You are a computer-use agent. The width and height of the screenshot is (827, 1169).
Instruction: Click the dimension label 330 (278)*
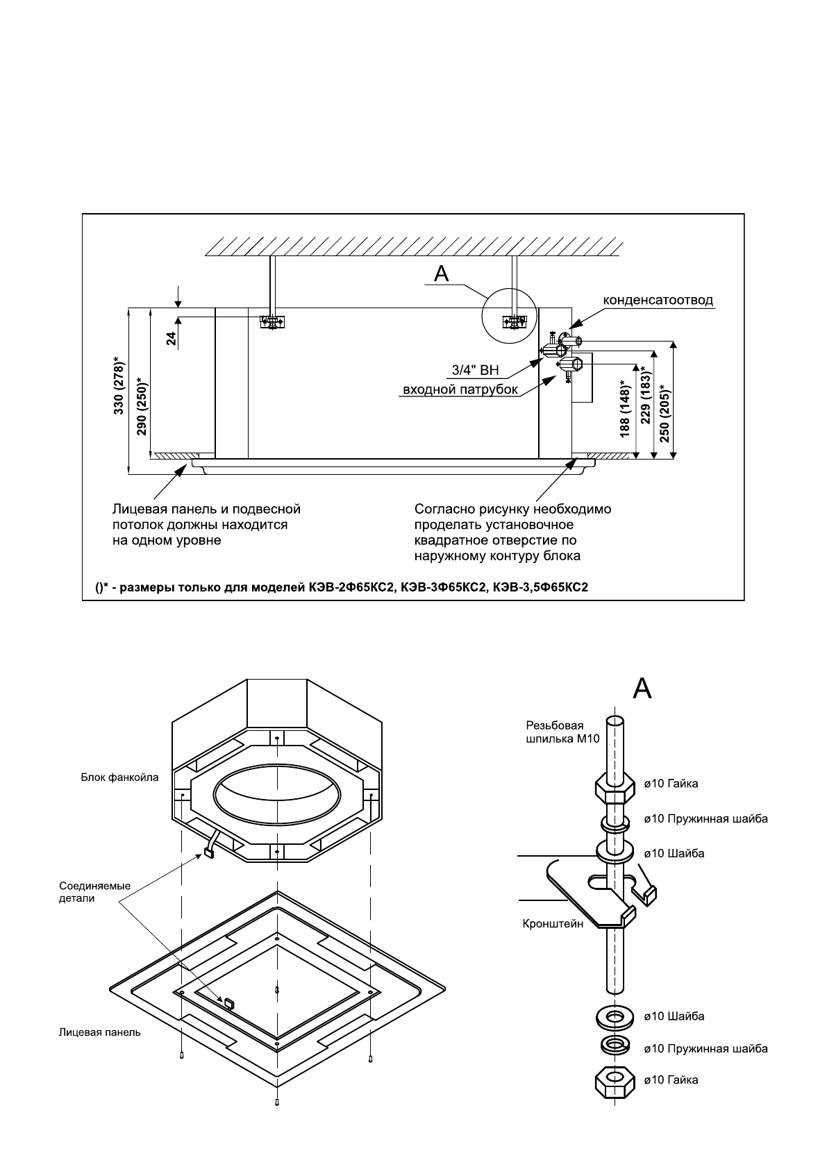point(119,386)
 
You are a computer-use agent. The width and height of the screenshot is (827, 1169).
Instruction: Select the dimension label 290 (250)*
point(142,405)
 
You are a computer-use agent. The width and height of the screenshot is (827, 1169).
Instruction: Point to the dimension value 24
point(172,339)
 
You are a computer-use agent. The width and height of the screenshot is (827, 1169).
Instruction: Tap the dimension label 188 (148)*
point(625,409)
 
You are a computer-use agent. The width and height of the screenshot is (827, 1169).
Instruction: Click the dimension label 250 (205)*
point(664,414)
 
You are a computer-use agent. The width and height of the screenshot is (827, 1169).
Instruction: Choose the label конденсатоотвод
point(658,300)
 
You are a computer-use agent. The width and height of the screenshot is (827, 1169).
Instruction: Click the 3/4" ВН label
point(475,370)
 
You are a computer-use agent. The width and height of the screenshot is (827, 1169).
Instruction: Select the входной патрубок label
point(460,389)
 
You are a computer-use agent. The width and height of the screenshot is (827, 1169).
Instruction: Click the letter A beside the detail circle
point(442,274)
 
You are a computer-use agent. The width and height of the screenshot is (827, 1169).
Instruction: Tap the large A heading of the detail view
point(642,689)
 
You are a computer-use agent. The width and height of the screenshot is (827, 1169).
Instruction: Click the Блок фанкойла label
point(119,777)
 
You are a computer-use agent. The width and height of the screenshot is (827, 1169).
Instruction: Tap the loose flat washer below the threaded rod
point(615,1016)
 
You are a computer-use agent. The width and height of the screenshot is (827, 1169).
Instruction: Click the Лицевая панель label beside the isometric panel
point(100,1032)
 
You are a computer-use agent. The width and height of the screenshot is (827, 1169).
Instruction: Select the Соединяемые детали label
point(94,892)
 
